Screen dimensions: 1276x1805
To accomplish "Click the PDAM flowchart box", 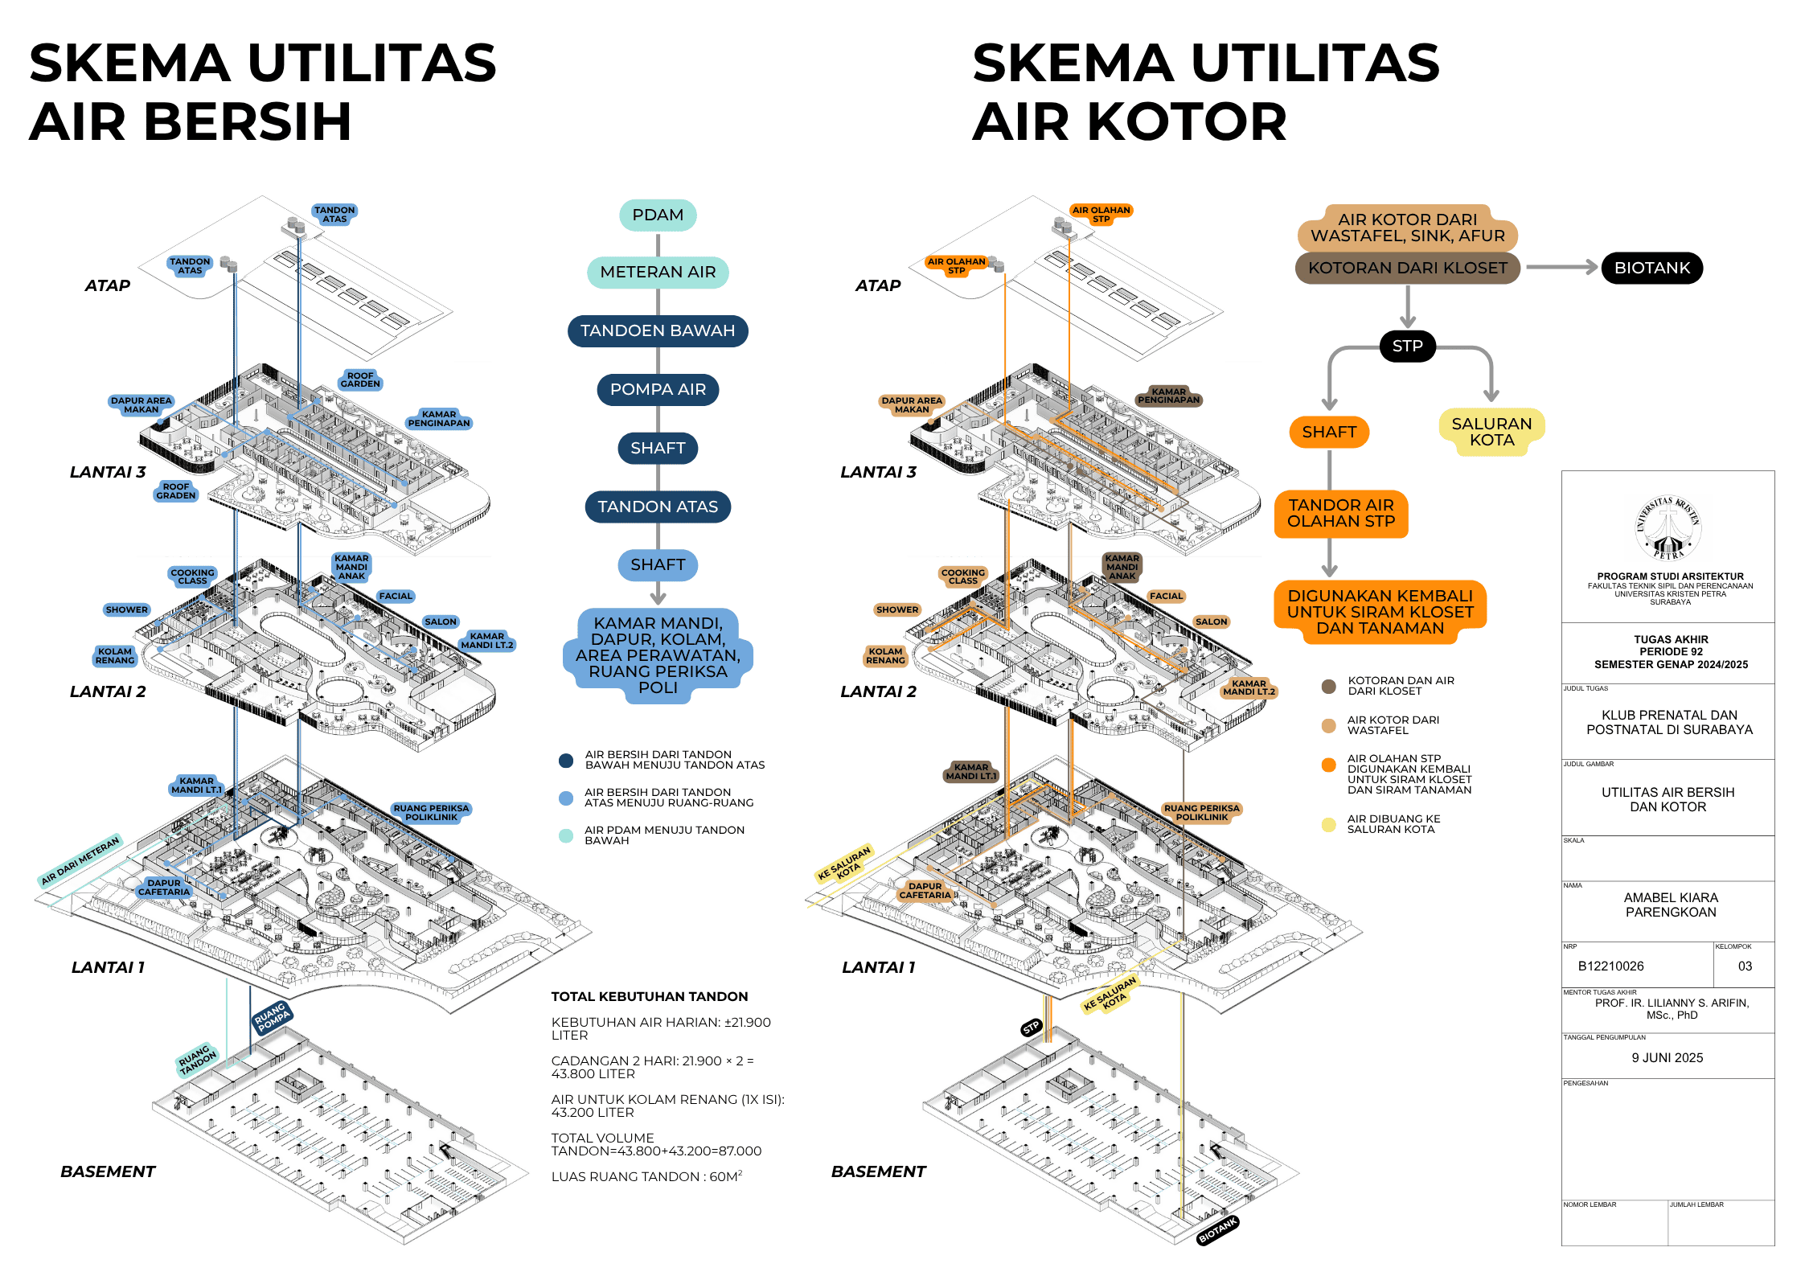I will pyautogui.click(x=658, y=215).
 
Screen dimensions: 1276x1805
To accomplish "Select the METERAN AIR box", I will pyautogui.click(x=658, y=272).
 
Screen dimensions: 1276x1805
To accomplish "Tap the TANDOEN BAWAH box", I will pyautogui.click(x=658, y=330).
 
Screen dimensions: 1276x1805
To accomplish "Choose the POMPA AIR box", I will pyautogui.click(x=658, y=389).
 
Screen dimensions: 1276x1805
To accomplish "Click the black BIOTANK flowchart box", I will pyautogui.click(x=1651, y=268).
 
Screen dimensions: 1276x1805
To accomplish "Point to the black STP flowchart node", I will pyautogui.click(x=1407, y=346).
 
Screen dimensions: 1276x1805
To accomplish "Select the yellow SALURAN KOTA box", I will pyautogui.click(x=1491, y=432).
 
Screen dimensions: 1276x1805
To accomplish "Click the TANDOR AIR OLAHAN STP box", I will pyautogui.click(x=1340, y=513).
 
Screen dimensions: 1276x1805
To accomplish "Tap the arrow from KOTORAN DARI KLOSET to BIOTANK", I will pyautogui.click(x=1561, y=268).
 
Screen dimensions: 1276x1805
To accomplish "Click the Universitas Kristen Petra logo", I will pyautogui.click(x=1668, y=527).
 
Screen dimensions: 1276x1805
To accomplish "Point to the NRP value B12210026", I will pyautogui.click(x=1610, y=966).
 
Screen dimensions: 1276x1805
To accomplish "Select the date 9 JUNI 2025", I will pyautogui.click(x=1667, y=1057).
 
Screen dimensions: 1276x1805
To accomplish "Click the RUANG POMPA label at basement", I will pyautogui.click(x=272, y=1017).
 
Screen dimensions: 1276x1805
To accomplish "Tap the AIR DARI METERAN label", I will pyautogui.click(x=80, y=860).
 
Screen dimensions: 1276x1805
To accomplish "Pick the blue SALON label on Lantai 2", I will pyautogui.click(x=441, y=622).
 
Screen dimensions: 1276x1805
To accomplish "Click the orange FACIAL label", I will pyautogui.click(x=1166, y=596).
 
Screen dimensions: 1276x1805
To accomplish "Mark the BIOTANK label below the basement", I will pyautogui.click(x=1216, y=1229).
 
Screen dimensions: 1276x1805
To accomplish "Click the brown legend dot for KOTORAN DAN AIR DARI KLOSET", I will pyautogui.click(x=1328, y=686).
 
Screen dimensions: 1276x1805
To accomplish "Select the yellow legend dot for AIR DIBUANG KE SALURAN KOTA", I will pyautogui.click(x=1328, y=824).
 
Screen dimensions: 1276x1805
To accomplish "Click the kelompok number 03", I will pyautogui.click(x=1744, y=966).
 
